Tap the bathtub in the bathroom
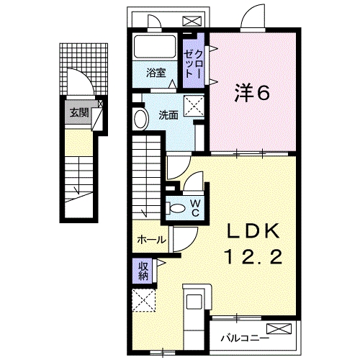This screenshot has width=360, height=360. click(153, 49)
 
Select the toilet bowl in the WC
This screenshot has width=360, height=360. click(176, 207)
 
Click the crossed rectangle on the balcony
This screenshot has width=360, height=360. click(285, 332)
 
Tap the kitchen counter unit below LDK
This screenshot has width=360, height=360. click(194, 310)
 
